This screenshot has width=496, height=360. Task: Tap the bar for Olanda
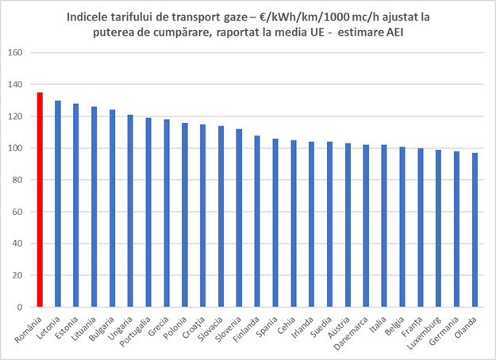coord(475,230)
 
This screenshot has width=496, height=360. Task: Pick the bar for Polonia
coord(185,215)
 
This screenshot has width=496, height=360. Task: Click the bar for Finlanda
coord(257,221)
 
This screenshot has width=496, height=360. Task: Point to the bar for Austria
coord(348,225)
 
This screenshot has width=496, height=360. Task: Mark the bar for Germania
coord(456,229)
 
